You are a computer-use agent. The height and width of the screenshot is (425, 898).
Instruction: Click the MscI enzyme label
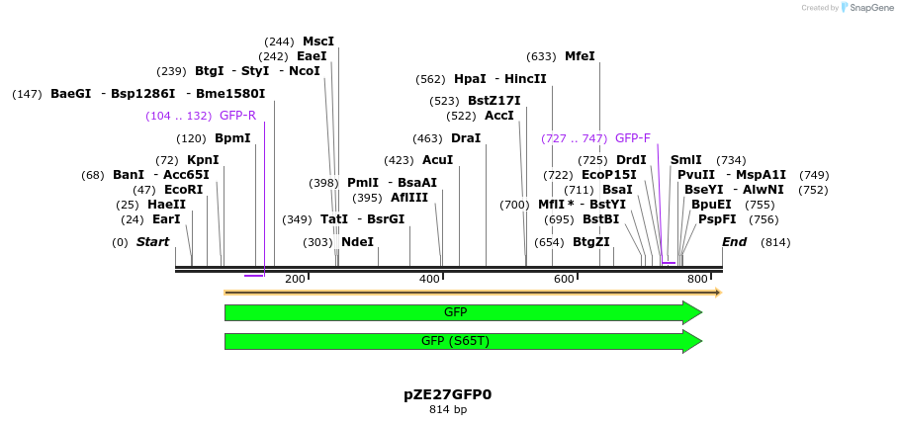(x=318, y=42)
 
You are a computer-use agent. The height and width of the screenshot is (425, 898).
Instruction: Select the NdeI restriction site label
(x=357, y=241)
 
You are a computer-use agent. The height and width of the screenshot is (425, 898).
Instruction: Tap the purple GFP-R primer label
(x=237, y=116)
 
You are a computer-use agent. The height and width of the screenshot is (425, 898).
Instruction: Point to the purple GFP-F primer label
(x=633, y=138)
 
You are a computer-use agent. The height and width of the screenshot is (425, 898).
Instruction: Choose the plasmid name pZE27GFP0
(x=447, y=394)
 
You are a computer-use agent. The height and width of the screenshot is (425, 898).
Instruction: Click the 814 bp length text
(x=447, y=409)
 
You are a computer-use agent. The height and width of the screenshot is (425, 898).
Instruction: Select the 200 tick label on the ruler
(x=295, y=280)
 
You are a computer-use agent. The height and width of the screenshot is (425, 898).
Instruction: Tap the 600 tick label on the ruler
(x=564, y=280)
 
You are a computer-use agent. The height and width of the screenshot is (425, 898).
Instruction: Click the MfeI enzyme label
(x=580, y=56)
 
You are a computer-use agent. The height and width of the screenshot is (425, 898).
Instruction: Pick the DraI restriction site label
(x=466, y=138)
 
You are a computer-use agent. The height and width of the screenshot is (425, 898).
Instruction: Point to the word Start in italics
(x=152, y=241)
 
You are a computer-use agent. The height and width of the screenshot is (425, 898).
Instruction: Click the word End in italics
(x=735, y=241)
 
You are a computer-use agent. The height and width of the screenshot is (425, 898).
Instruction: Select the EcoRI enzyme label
(x=183, y=190)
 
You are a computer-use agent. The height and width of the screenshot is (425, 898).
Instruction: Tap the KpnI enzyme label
(x=203, y=160)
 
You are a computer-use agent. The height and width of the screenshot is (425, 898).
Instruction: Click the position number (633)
(x=541, y=56)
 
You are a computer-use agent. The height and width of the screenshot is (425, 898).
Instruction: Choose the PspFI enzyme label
(x=717, y=219)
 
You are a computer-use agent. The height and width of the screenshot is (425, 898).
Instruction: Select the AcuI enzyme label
(x=437, y=160)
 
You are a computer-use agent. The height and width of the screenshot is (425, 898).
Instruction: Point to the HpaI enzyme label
(x=470, y=79)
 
